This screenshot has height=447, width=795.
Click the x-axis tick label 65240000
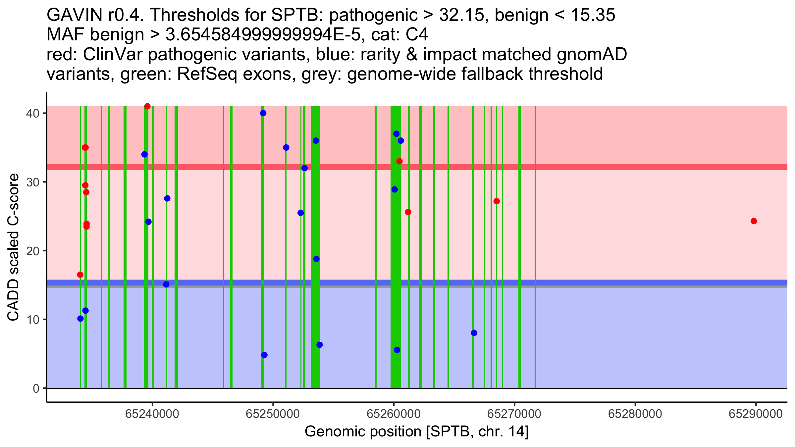click(x=152, y=414)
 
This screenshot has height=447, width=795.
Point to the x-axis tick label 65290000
click(x=756, y=414)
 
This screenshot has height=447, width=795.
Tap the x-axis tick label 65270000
click(x=514, y=414)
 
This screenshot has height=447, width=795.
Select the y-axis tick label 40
click(x=32, y=113)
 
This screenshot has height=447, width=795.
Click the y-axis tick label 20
click(x=32, y=251)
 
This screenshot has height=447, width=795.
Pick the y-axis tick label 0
click(x=36, y=388)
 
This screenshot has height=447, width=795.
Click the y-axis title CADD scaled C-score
click(x=14, y=248)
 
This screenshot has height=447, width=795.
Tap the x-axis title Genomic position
click(x=416, y=432)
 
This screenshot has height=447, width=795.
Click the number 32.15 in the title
click(x=460, y=15)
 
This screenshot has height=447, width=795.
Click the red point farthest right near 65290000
click(x=754, y=221)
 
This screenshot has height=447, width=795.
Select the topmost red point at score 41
click(x=147, y=106)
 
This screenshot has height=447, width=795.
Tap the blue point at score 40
click(x=263, y=113)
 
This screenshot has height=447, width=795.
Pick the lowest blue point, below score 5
click(x=264, y=355)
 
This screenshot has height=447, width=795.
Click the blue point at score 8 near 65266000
click(x=474, y=333)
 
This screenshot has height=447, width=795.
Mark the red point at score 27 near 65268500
click(x=496, y=201)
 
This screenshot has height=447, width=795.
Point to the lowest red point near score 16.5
click(x=80, y=275)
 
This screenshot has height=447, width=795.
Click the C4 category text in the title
click(x=418, y=35)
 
